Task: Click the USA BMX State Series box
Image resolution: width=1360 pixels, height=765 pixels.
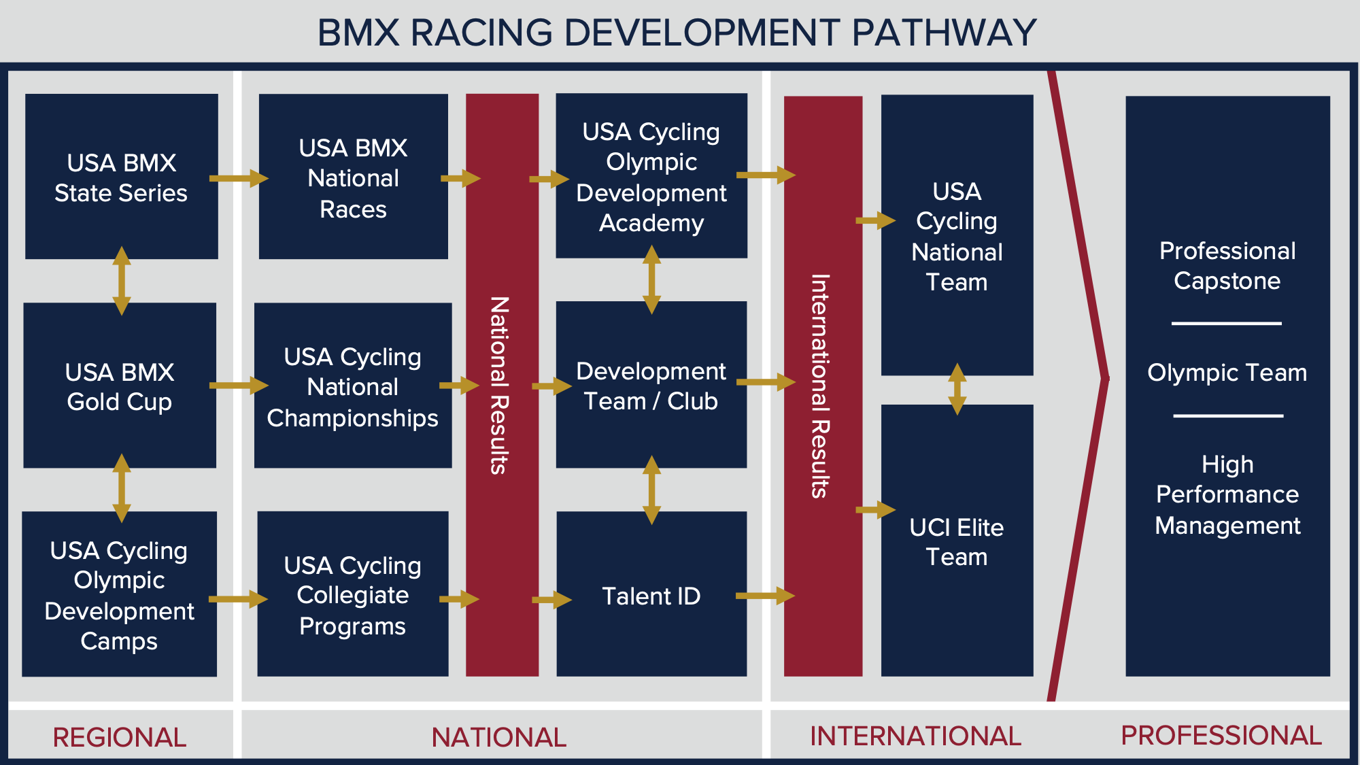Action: [121, 177]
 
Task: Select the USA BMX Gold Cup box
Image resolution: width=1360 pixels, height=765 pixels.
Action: [120, 386]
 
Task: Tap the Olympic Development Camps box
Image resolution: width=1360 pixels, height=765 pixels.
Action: [119, 594]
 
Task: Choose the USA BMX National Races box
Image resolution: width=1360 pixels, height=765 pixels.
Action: [353, 177]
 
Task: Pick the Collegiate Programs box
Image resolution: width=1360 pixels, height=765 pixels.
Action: [352, 594]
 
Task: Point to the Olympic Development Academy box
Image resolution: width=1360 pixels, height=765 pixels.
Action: [651, 176]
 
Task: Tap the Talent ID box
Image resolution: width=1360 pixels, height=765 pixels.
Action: [651, 595]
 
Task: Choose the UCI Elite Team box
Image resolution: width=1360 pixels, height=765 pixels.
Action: [957, 541]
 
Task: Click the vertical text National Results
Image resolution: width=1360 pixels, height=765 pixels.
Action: [500, 385]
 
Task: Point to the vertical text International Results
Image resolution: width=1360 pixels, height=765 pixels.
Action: [821, 386]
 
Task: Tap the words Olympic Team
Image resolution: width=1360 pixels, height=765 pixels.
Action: [1227, 373]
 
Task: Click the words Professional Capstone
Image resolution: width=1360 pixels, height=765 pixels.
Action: [1227, 265]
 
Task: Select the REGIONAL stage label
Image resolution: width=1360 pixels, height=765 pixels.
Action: [120, 737]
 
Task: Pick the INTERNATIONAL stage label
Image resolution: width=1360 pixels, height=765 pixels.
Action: [915, 736]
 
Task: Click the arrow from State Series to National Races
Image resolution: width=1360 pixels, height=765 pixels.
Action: [238, 178]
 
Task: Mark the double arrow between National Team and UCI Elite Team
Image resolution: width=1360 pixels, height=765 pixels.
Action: [957, 389]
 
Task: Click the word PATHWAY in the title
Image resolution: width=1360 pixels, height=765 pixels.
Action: [944, 33]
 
